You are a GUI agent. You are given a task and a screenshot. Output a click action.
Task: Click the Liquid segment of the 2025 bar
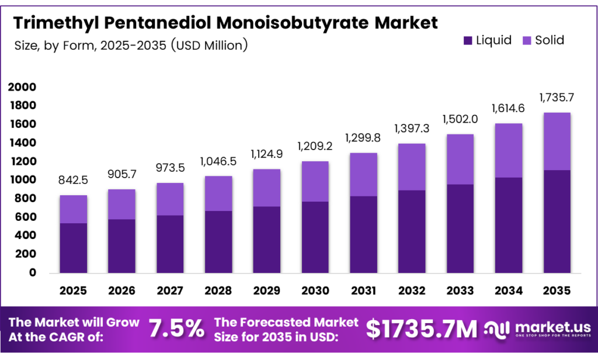[73, 248]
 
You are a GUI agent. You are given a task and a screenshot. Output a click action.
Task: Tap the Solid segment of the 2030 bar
[314, 181]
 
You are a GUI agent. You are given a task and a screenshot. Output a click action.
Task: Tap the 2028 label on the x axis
[218, 290]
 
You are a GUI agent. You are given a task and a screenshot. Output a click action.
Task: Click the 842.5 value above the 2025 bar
[73, 181]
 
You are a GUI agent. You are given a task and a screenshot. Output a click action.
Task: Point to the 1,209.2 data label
[314, 145]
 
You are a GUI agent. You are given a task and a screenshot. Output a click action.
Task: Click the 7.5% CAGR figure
[176, 329]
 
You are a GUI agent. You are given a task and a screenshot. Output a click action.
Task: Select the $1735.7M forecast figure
[422, 329]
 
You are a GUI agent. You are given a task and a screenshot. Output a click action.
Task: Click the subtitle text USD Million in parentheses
[209, 45]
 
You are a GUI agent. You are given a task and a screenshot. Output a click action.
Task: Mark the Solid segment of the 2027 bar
[169, 199]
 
